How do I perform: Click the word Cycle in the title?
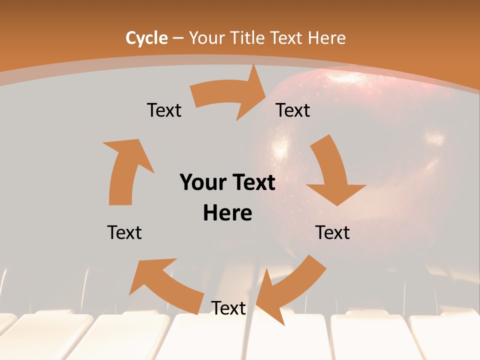click(x=146, y=38)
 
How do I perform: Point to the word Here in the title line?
click(x=326, y=38)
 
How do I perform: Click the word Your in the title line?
click(x=206, y=38)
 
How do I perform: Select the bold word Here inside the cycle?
click(x=227, y=213)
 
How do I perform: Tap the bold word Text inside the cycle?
click(x=252, y=182)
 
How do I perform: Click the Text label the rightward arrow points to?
click(x=293, y=110)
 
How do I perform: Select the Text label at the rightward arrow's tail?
click(x=164, y=110)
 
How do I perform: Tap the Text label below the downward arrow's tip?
click(x=332, y=232)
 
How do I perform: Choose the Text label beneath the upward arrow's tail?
click(x=124, y=232)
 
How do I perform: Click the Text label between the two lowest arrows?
click(x=228, y=308)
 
